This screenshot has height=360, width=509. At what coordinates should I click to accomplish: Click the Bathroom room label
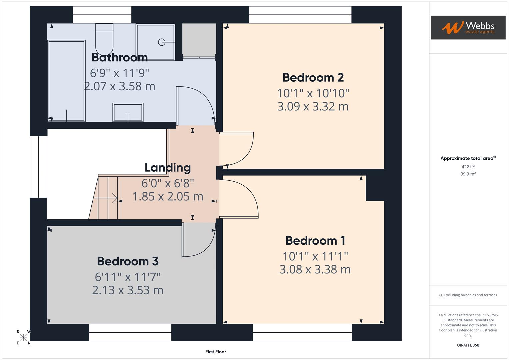pos(119,57)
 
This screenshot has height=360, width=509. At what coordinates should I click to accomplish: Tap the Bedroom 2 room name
pos(313,77)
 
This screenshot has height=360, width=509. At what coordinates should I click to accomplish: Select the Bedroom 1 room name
pos(315,240)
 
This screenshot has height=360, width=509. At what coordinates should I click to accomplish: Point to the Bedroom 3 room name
pos(128,261)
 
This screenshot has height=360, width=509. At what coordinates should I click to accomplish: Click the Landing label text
pos(168,167)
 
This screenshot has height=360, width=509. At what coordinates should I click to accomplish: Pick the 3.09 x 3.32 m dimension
pos(313,106)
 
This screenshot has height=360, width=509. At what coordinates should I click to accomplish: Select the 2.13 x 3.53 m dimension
pos(128,290)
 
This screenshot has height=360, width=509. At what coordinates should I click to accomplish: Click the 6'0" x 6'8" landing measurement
pos(168,183)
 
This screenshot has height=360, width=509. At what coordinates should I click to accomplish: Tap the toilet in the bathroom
pos(104,38)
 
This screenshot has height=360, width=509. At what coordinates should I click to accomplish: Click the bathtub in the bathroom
pos(66,81)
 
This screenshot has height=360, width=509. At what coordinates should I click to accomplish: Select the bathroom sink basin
pos(128,112)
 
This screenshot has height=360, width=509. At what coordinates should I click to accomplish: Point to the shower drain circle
pos(162,42)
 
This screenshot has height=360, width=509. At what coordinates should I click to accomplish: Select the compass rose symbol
pos(23,337)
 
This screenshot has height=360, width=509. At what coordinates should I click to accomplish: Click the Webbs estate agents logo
pos(468,27)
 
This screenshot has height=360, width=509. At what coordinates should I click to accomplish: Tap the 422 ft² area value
pos(468,167)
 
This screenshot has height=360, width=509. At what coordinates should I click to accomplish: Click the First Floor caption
pos(215,352)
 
